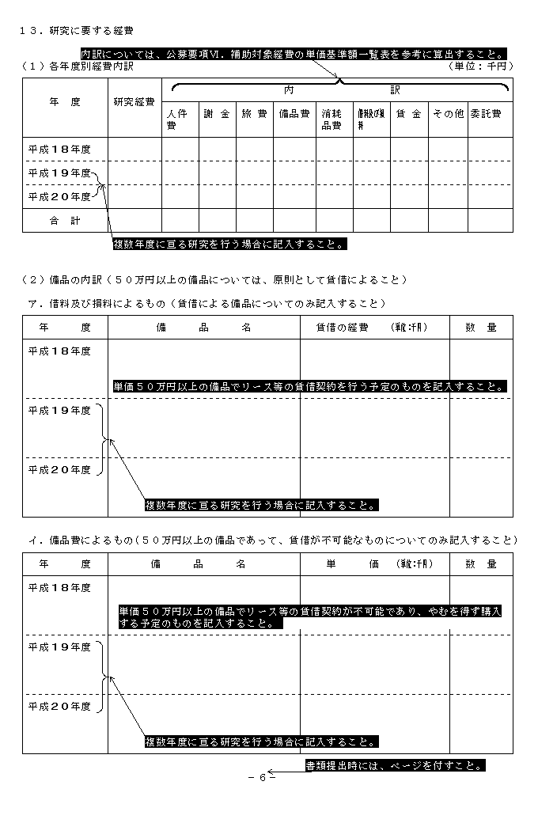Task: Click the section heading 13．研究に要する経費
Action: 76,31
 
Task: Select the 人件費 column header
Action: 177,119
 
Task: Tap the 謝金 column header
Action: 217,114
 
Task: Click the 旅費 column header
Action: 255,114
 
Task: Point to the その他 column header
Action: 448,114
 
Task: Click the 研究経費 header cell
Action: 134,102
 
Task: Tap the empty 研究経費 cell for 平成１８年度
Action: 134,150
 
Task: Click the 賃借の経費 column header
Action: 375,328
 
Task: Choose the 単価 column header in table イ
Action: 375,564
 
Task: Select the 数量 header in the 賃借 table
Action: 481,328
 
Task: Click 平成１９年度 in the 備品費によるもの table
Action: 59,647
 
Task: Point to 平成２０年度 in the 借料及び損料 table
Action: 59,469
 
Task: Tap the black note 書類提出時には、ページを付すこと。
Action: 395,765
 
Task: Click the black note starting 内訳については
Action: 294,54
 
